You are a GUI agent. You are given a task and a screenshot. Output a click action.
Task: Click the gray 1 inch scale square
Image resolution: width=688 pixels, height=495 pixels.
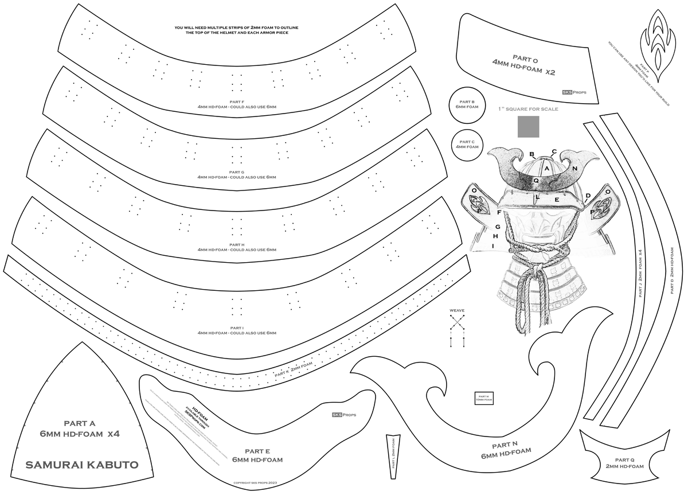click(528, 127)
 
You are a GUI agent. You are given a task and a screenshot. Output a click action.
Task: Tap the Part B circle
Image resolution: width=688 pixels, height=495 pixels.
click(467, 104)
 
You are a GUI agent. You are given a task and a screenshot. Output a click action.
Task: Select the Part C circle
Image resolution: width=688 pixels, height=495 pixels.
click(467, 144)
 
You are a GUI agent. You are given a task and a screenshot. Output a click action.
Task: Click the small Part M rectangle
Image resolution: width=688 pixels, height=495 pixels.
click(484, 398)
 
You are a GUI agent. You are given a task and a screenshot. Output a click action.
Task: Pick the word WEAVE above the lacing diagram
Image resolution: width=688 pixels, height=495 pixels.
click(457, 310)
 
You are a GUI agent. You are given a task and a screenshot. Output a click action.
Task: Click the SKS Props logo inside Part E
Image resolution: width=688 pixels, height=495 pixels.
click(344, 414)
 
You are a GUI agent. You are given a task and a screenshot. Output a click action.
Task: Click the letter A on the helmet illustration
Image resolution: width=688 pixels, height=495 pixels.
click(547, 168)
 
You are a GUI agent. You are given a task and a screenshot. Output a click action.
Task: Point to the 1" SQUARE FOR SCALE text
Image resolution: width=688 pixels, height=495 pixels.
click(528, 108)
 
